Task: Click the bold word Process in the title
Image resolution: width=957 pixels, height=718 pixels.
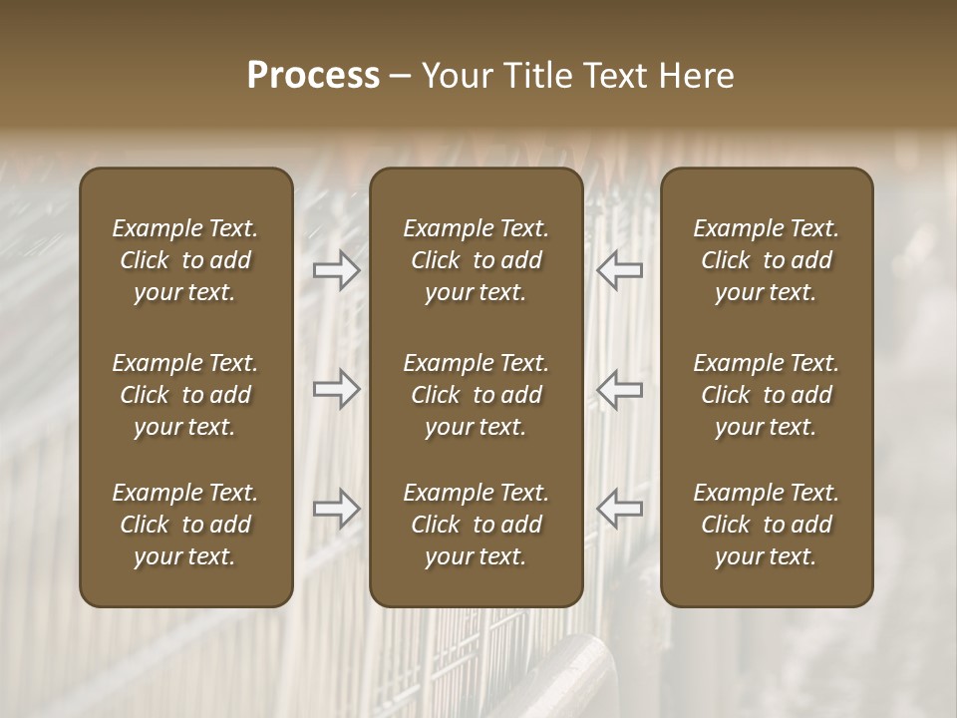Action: (313, 76)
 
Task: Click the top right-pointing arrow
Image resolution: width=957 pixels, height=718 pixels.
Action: (337, 270)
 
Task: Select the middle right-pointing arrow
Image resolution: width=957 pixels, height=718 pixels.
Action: (337, 389)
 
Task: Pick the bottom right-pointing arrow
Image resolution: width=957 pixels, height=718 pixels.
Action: (337, 509)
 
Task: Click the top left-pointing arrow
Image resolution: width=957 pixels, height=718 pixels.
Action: (619, 270)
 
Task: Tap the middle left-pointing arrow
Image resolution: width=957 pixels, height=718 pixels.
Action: (619, 389)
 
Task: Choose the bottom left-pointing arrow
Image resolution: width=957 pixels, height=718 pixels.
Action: (619, 509)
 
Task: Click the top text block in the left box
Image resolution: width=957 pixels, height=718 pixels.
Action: (185, 260)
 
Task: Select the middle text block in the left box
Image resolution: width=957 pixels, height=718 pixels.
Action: (185, 395)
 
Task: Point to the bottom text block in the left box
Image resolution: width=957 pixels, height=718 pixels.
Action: (185, 525)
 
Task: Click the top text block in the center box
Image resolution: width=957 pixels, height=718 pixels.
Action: (476, 260)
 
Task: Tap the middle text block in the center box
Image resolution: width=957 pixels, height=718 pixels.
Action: (476, 395)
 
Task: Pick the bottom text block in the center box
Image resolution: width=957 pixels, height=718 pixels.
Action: (476, 525)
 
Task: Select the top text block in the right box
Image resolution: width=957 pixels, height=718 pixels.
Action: (766, 260)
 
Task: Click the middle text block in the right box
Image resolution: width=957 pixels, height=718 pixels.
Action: (766, 395)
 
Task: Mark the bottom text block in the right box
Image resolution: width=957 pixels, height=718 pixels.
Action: (766, 525)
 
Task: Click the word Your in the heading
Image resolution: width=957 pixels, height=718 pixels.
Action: (455, 76)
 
